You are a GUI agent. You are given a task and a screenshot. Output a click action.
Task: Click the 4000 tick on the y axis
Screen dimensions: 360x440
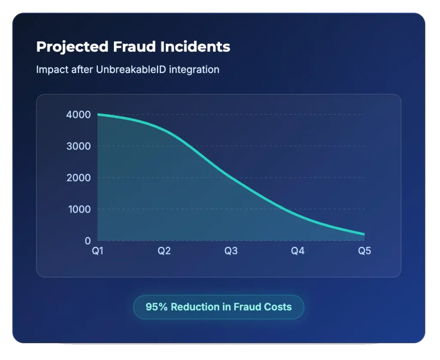(79, 115)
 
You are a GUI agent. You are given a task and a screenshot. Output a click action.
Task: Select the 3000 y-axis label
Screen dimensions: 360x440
(79, 146)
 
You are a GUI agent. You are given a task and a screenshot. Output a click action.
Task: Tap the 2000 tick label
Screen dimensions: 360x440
(79, 178)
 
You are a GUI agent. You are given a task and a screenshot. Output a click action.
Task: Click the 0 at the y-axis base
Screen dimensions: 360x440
(88, 241)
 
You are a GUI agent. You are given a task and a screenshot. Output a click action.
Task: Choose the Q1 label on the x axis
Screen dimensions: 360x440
(98, 251)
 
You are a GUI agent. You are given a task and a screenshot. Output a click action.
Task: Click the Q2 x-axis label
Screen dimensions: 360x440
(164, 251)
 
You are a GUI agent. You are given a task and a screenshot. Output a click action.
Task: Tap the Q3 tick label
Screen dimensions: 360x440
(231, 251)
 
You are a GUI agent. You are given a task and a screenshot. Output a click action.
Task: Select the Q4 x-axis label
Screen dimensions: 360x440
(298, 251)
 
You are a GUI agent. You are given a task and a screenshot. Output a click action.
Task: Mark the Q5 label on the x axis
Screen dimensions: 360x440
(364, 251)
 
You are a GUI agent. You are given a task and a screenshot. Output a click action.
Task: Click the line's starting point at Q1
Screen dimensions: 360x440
(98, 114)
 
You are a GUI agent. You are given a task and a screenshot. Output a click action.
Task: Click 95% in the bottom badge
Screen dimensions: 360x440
(157, 307)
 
